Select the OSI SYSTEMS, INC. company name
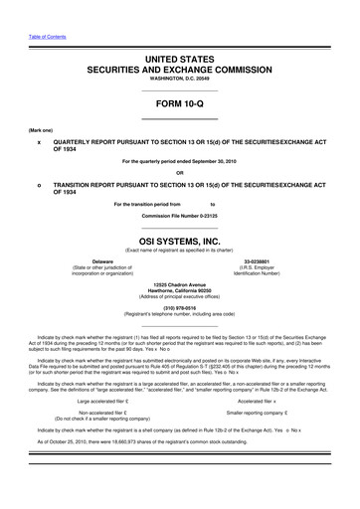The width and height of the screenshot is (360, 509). point(179,239)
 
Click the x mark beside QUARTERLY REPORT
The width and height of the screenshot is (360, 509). point(38,141)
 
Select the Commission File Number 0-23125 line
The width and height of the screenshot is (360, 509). point(179,215)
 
